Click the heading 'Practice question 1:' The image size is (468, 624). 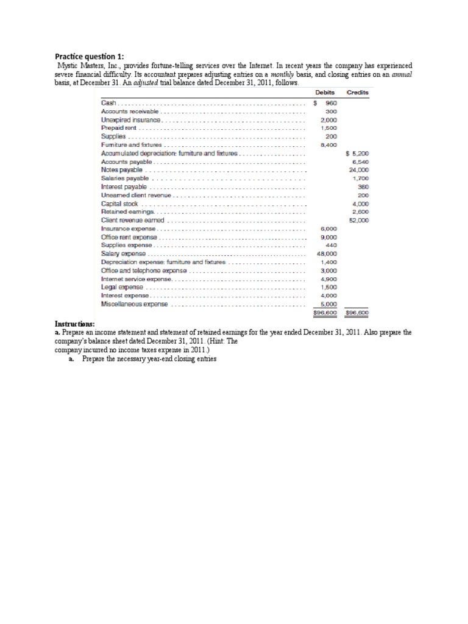tap(90, 55)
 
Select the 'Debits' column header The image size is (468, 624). tap(325, 93)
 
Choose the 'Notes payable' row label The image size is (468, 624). tap(118, 170)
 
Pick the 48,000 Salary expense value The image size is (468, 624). tap(328, 253)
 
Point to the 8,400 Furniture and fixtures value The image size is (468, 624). tap(329, 145)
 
